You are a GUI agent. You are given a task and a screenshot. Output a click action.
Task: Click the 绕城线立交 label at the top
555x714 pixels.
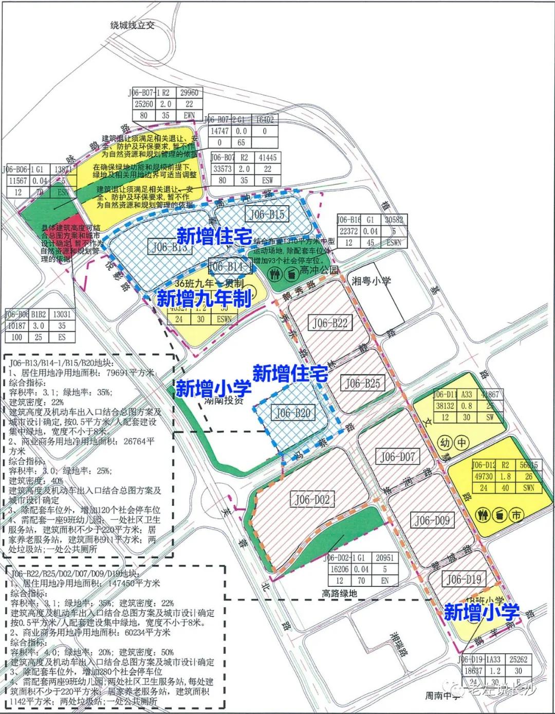133,25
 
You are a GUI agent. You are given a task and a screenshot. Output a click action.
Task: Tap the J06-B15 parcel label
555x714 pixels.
266,214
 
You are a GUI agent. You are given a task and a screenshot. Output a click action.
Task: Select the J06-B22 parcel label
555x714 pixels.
330,323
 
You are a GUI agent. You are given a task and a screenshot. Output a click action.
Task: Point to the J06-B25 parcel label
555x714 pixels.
363,383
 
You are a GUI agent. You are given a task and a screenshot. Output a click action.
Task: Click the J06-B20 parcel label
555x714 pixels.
293,413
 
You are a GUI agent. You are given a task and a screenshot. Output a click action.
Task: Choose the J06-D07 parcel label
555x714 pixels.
397,456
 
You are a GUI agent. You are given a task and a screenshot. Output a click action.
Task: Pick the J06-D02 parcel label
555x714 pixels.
312,499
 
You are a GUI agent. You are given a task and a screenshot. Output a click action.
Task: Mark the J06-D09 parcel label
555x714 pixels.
432,521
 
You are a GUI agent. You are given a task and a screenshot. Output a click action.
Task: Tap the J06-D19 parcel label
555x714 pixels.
464,579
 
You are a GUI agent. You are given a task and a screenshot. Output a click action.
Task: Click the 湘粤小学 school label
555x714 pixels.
371,281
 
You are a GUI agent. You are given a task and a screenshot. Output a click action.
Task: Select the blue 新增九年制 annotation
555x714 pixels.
204,298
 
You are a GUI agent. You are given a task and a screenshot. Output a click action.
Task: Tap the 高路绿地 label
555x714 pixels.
339,593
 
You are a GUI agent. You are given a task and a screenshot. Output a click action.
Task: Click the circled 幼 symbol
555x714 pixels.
445,442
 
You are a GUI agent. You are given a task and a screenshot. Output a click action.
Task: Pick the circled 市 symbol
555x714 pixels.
516,514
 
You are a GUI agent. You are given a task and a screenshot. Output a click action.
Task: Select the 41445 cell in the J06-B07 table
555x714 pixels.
268,157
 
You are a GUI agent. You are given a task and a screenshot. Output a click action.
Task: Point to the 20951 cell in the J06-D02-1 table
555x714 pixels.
384,558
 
